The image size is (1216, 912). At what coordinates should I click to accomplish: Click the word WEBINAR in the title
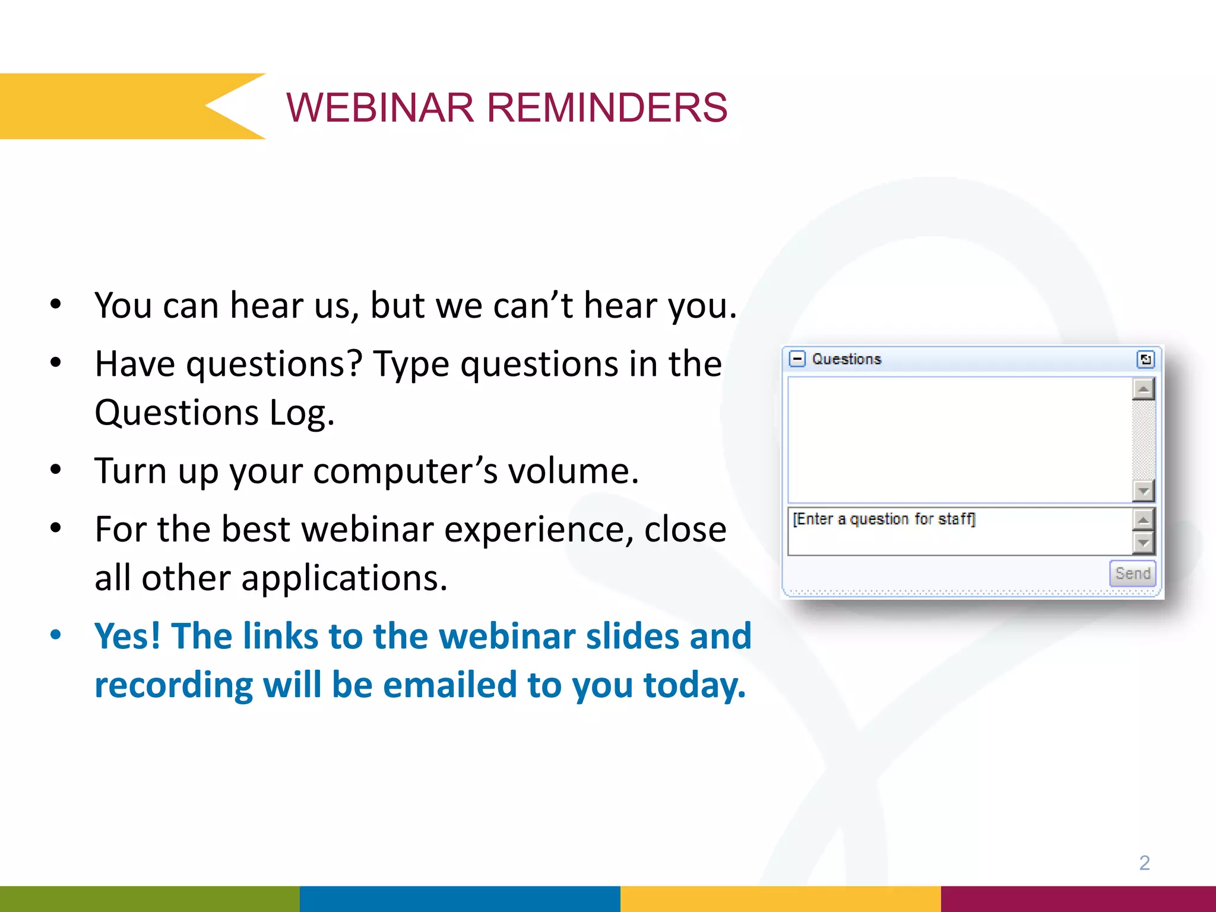pyautogui.click(x=380, y=108)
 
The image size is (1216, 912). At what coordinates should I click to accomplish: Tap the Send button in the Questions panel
pyautogui.click(x=1132, y=573)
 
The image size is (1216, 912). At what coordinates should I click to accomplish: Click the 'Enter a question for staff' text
pyautogui.click(x=883, y=519)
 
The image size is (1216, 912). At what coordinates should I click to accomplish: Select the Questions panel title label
pyautogui.click(x=846, y=359)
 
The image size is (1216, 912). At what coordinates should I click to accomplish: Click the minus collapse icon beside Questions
pyautogui.click(x=797, y=359)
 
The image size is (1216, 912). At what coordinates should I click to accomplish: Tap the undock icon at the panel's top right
pyautogui.click(x=1145, y=359)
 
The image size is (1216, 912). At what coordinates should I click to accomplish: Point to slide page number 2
pyautogui.click(x=1144, y=862)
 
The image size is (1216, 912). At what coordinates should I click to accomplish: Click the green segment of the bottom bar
pyautogui.click(x=148, y=899)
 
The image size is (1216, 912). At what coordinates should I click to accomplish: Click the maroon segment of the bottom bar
pyautogui.click(x=1078, y=899)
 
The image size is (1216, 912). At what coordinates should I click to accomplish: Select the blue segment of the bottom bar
pyautogui.click(x=460, y=899)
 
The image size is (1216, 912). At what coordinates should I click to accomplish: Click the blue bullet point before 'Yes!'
pyautogui.click(x=56, y=635)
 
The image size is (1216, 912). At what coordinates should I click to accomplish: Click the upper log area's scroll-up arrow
pyautogui.click(x=1143, y=389)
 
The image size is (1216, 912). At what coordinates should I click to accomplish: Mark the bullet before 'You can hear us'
pyautogui.click(x=56, y=305)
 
